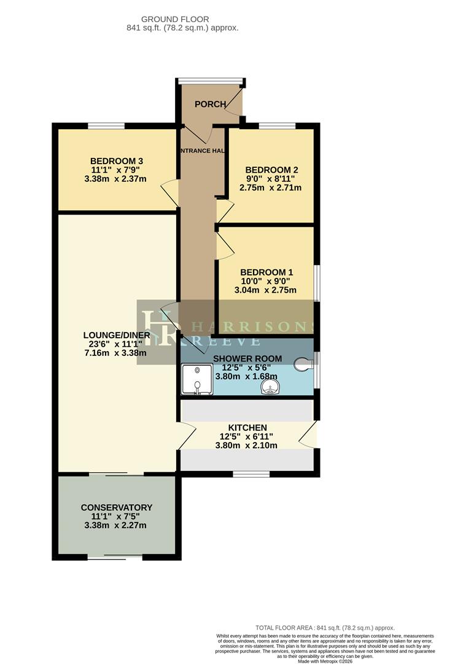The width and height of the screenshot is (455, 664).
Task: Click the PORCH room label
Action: point(210,104)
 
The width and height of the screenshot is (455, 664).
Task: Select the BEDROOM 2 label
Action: point(271,170)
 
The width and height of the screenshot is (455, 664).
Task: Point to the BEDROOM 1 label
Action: point(266,272)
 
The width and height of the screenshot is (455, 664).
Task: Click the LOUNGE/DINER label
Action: point(116,335)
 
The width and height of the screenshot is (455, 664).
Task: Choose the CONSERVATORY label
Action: point(116,507)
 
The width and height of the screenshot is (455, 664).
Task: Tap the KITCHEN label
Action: point(247,427)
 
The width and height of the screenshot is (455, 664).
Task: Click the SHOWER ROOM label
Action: point(247,358)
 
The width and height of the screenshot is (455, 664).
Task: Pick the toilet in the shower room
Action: point(303,365)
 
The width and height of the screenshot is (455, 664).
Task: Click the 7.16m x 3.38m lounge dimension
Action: point(116,354)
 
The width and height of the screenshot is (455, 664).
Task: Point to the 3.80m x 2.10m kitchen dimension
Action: point(247,446)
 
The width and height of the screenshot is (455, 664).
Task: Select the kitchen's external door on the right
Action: point(310,433)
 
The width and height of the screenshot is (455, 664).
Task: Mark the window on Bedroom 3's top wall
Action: point(106,126)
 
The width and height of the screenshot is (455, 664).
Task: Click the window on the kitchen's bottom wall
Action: point(251,473)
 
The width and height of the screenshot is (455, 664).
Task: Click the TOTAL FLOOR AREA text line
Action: point(325,628)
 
